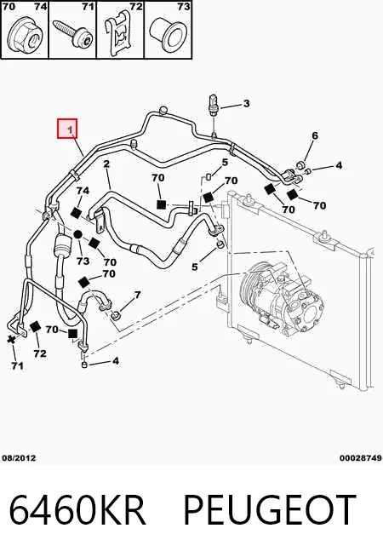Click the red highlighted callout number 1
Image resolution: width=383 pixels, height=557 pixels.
point(67,129)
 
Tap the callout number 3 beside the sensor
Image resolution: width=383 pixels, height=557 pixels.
point(246,103)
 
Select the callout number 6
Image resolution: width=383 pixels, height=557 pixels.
point(315,135)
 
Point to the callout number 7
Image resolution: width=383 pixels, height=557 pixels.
point(137,295)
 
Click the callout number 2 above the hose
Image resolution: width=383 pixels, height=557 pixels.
point(106,164)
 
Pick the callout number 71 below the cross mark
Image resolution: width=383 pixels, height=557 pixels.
point(17,365)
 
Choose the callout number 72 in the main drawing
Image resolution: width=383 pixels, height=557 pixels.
point(40,353)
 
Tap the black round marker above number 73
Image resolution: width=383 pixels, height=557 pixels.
point(78,234)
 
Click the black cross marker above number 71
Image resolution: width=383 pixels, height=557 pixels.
point(12,338)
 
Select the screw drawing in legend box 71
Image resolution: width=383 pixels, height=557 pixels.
point(72,33)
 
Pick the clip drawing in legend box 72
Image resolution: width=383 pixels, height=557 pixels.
point(119,33)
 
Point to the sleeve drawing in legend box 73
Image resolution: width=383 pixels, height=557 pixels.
point(168,33)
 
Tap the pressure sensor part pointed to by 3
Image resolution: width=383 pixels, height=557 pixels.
point(213,105)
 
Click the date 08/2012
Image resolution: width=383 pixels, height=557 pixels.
point(20,458)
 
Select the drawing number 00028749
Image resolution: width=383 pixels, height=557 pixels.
point(360,458)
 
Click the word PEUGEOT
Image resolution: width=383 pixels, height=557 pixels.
point(270,510)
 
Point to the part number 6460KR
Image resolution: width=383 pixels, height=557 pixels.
point(77,510)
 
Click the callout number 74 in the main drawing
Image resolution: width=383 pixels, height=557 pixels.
point(83,191)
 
